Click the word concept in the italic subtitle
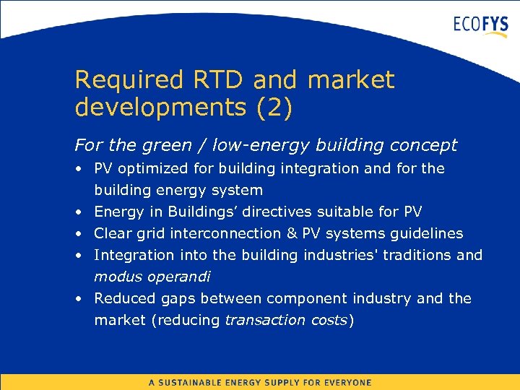(x=423, y=145)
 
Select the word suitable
(x=352, y=212)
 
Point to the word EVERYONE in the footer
(x=346, y=383)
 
